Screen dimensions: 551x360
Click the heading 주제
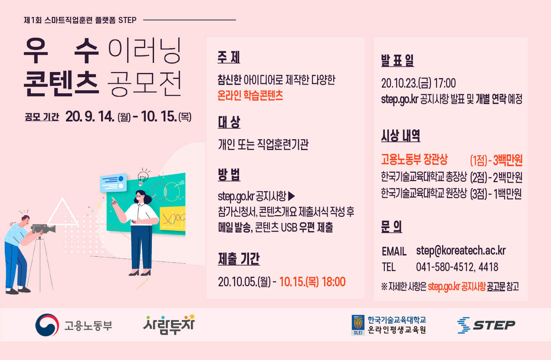point(229,57)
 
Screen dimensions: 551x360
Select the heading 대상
point(229,122)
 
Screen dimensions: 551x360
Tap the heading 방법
point(229,175)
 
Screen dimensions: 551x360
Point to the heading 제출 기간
point(239,259)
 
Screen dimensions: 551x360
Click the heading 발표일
point(397,60)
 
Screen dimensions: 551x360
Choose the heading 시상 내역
point(401,135)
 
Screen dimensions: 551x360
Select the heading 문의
point(392,226)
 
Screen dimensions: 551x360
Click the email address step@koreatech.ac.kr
point(461,251)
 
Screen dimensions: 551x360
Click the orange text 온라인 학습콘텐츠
point(250,95)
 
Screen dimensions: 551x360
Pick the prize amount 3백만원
point(508,160)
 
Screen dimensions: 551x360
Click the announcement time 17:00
point(445,83)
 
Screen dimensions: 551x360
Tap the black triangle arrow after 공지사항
point(292,196)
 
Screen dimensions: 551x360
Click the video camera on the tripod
point(43,229)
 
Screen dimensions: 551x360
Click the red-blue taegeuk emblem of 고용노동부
point(47,325)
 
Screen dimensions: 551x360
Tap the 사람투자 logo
point(169,324)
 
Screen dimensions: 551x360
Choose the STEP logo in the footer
point(486,325)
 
